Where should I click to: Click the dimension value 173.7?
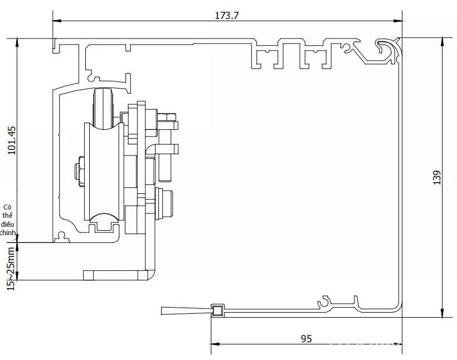coord(226,16)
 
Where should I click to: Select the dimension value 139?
coord(437,177)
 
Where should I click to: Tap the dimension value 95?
coord(306,339)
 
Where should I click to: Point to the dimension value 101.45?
coord(12,140)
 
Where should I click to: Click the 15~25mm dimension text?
coord(11,269)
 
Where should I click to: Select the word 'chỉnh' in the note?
coord(8,232)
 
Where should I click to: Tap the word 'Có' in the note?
coord(8,207)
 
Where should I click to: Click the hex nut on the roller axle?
coord(79,171)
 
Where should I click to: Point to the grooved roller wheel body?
coord(104,172)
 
